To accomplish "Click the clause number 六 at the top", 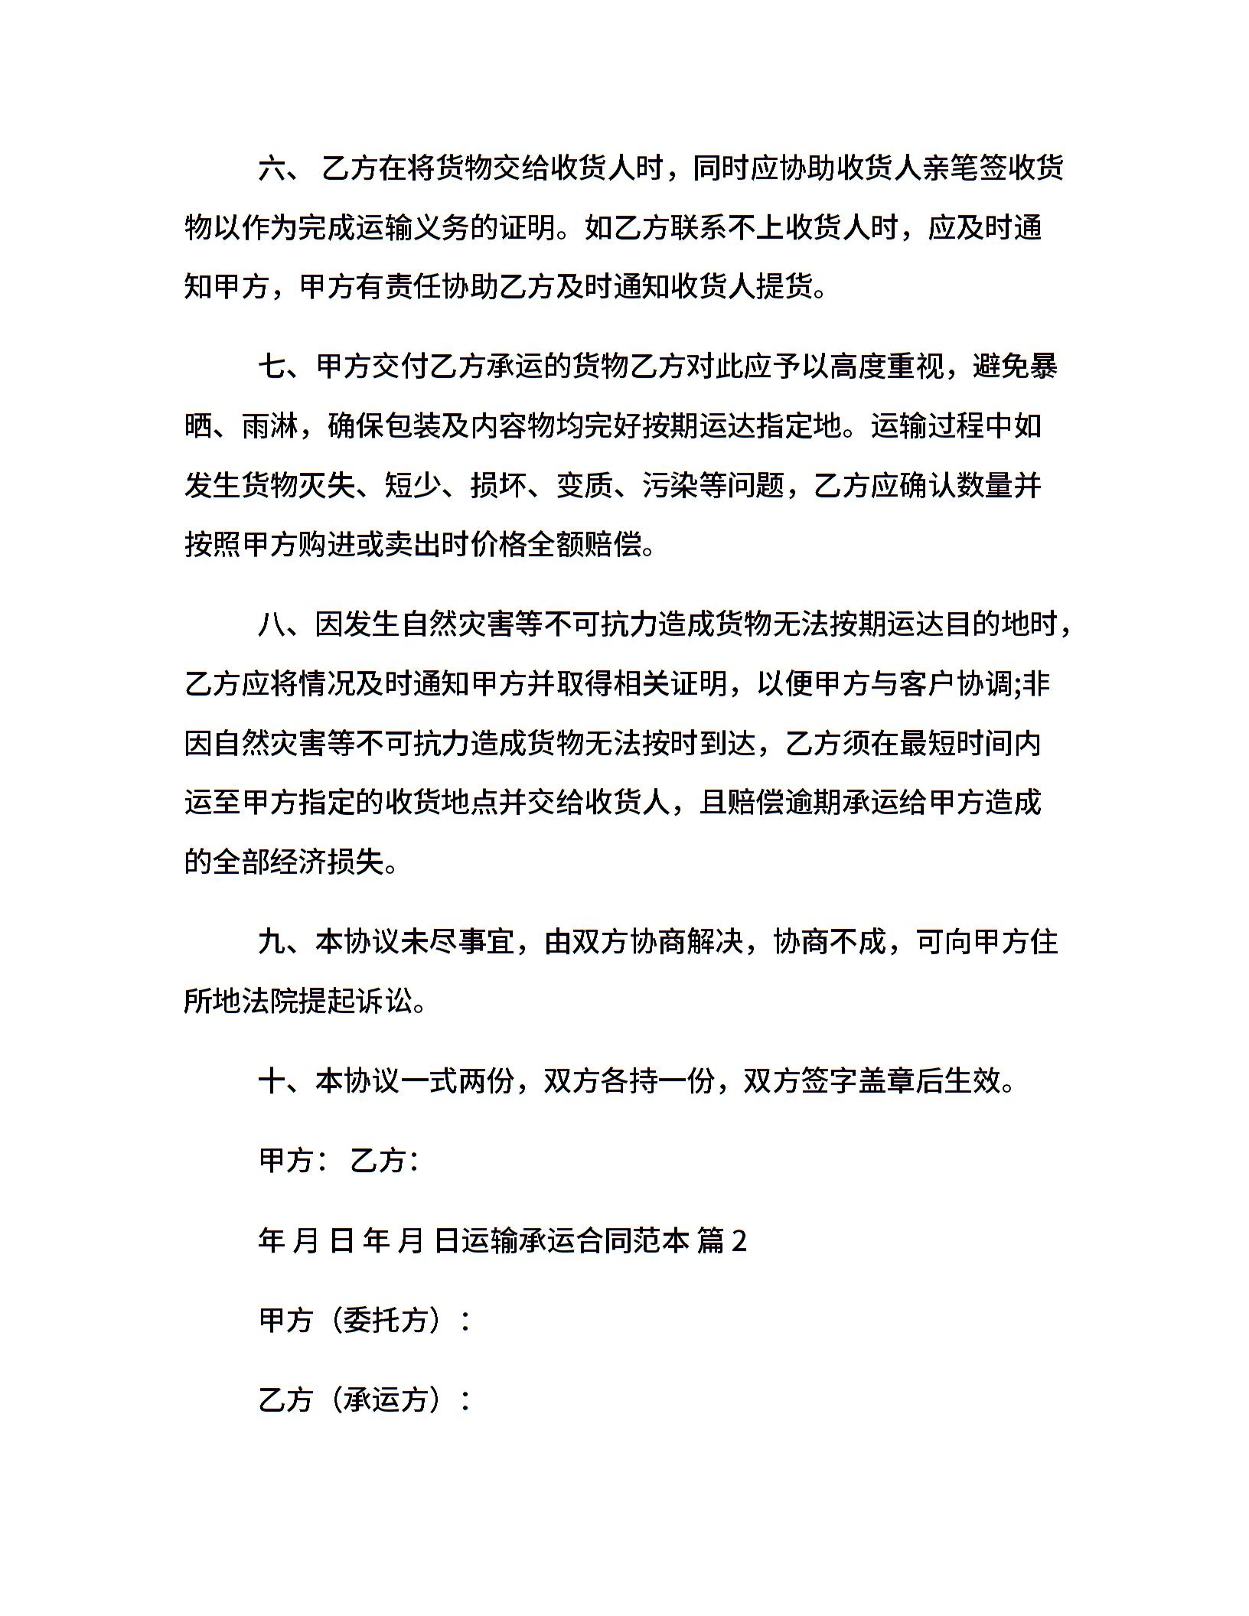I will coord(272,168).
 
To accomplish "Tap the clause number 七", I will coord(272,367).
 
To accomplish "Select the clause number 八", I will coord(272,624).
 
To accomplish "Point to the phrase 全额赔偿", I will coord(583,545).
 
